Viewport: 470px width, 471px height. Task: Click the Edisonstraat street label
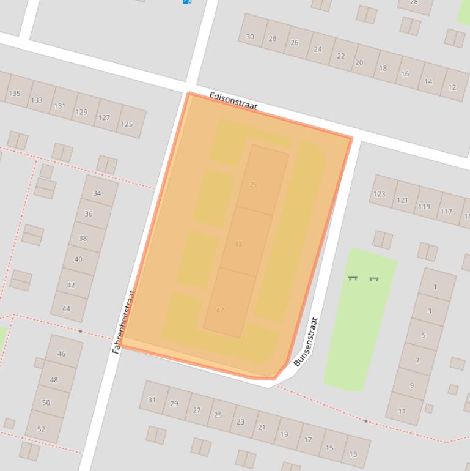click(233, 101)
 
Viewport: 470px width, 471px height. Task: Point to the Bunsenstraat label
click(306, 342)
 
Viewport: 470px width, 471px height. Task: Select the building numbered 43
click(238, 244)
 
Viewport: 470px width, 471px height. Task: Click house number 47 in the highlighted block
click(220, 310)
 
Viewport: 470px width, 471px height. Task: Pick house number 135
click(14, 94)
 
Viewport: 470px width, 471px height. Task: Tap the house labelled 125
click(127, 124)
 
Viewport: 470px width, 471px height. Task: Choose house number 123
click(380, 194)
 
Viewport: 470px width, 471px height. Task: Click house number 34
click(97, 193)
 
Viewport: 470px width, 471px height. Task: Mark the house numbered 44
click(66, 308)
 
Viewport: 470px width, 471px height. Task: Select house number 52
click(41, 429)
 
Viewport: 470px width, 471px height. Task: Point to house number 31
click(152, 400)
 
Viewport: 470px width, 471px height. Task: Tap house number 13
click(353, 454)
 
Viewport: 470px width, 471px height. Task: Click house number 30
click(250, 37)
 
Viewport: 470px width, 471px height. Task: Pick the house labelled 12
click(452, 87)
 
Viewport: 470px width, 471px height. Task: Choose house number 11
click(402, 410)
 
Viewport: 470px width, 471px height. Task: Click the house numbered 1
click(435, 287)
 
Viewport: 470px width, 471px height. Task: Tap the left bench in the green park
click(353, 278)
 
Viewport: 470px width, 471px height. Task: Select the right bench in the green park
click(373, 279)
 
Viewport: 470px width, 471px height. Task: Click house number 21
click(262, 428)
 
